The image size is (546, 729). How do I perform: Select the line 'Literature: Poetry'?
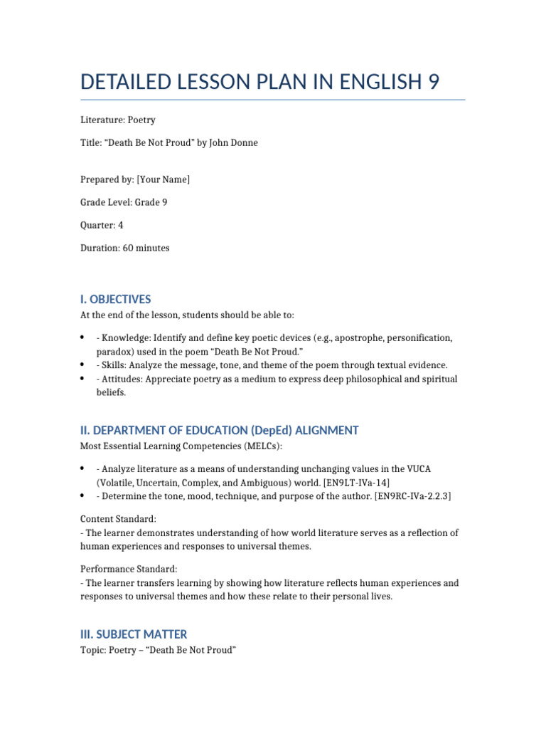tap(117, 120)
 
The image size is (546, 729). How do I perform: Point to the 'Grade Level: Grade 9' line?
tap(124, 202)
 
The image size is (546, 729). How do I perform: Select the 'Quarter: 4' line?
tap(103, 225)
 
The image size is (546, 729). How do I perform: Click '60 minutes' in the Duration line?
tap(146, 248)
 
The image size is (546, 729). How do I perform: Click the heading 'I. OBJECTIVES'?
tap(115, 299)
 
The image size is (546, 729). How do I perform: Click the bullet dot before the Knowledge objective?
tap(83, 337)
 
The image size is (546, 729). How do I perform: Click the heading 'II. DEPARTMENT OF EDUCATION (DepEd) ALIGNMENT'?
tap(219, 430)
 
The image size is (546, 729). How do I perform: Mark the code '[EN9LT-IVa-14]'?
tap(355, 482)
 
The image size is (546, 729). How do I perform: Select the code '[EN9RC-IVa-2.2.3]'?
tap(412, 495)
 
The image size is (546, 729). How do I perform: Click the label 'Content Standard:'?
tap(114, 520)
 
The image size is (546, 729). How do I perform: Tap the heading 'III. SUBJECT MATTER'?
tap(134, 634)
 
